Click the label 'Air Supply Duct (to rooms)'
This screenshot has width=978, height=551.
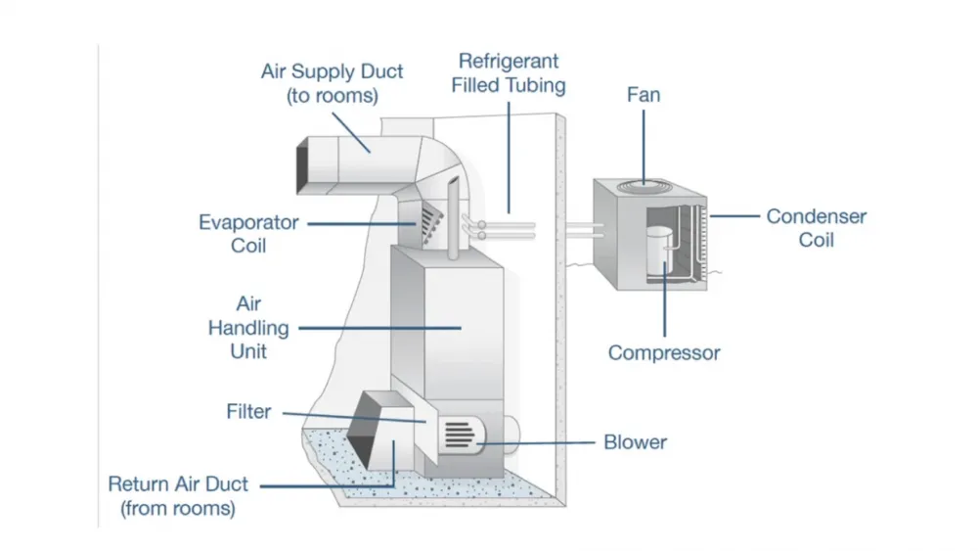332,83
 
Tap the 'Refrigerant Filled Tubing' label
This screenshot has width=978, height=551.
509,73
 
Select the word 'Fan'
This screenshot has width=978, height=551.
644,95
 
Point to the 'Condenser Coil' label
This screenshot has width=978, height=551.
816,228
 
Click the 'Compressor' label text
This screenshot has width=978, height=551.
664,353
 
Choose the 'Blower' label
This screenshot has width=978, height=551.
635,442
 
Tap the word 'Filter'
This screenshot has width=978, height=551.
248,412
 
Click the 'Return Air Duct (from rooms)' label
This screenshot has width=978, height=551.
178,496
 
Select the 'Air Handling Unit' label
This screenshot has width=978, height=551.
248,328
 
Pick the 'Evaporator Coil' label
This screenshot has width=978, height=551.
248,234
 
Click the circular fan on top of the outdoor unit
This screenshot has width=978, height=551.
645,186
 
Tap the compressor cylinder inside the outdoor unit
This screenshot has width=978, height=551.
658,251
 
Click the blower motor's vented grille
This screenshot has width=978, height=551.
460,435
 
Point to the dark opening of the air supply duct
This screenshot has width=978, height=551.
302,165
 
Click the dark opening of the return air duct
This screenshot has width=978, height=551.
363,431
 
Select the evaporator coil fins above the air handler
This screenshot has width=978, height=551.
431,223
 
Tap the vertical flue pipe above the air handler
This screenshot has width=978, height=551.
454,218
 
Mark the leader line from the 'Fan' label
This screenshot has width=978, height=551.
644,146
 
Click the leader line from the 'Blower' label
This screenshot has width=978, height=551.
536,443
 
